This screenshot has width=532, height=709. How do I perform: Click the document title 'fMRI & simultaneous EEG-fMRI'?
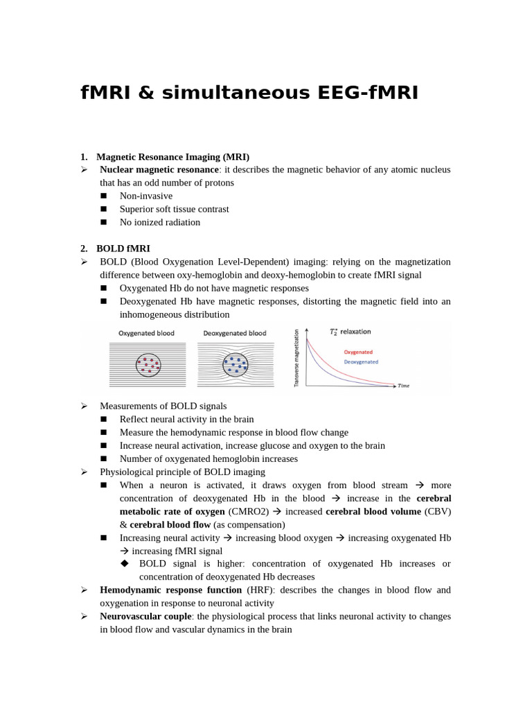click(x=249, y=92)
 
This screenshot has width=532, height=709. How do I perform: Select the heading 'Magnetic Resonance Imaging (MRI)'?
click(x=172, y=156)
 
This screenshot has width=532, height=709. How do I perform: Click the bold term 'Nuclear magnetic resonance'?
click(x=159, y=170)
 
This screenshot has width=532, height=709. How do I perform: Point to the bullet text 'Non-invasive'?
click(x=145, y=196)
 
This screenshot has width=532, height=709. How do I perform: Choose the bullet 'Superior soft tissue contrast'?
click(x=174, y=209)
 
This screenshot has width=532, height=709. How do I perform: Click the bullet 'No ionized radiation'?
click(x=159, y=222)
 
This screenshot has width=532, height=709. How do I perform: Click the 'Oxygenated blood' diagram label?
click(x=146, y=333)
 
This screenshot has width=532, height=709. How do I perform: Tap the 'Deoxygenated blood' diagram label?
click(x=234, y=333)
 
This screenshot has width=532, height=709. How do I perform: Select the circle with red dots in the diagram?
click(x=148, y=364)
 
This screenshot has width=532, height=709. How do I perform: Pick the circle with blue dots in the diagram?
click(x=236, y=364)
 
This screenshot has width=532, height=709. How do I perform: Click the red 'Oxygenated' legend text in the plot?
click(x=358, y=352)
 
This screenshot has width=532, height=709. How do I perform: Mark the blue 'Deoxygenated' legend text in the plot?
click(x=361, y=361)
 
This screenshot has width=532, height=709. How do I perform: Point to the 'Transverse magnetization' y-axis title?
click(x=296, y=358)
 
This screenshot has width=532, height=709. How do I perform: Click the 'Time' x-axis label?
click(x=403, y=386)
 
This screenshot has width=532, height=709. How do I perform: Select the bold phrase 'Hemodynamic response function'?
click(x=172, y=590)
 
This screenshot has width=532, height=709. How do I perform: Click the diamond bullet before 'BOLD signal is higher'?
click(x=125, y=564)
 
